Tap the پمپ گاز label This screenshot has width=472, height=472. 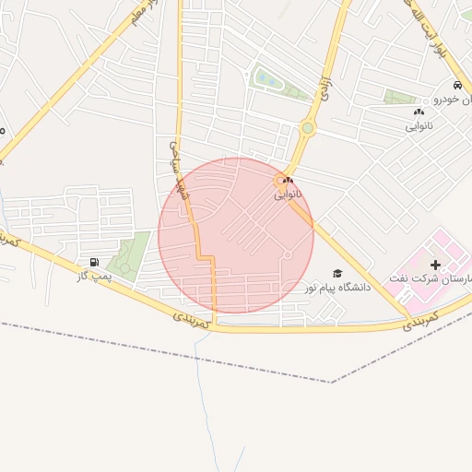click(x=93, y=276)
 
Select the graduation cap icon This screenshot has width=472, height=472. click(x=337, y=274)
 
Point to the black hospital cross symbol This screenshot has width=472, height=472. click(x=435, y=265)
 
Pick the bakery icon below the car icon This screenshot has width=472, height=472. click(x=419, y=112)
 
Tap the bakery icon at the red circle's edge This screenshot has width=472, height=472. click(x=288, y=181)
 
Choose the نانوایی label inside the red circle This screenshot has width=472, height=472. click(x=287, y=195)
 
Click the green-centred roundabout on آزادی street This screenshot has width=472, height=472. click(x=307, y=129)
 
